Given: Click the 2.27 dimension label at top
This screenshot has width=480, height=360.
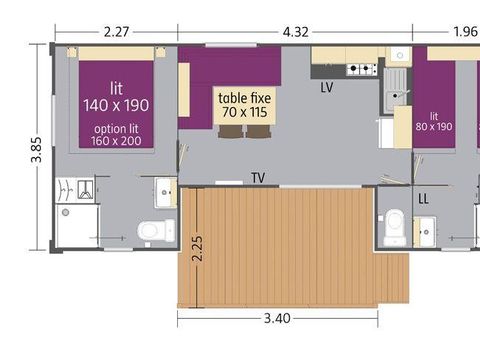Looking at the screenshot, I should point(116,31).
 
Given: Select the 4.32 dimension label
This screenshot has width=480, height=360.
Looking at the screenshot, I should point(295,31).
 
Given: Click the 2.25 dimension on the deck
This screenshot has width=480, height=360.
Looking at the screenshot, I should point(198,245).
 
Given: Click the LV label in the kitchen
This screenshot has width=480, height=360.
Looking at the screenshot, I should point(327,88).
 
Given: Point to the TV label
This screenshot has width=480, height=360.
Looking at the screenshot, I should point(259,178).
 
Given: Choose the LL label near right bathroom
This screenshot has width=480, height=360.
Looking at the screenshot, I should point(424,199).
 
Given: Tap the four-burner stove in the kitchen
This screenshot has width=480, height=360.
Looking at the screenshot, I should point(361,69).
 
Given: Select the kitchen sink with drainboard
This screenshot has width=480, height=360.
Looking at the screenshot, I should point(395,86).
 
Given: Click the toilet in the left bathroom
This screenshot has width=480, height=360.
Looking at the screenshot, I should point(152,231).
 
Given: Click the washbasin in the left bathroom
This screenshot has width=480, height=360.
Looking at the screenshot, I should point(164,189).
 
